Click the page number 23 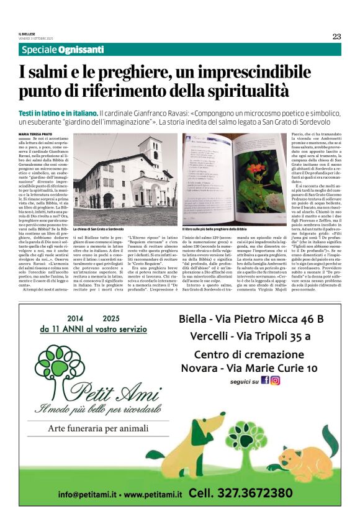336,36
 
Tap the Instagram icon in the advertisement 275,380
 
